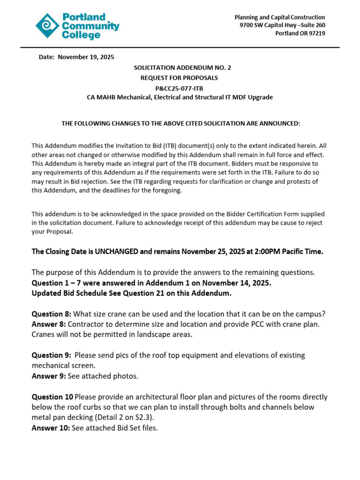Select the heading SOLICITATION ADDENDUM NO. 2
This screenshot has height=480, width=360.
(x=182, y=67)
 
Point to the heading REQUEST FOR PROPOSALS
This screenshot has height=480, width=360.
(x=180, y=78)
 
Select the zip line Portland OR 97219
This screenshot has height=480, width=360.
(x=300, y=33)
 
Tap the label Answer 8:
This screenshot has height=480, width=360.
(x=49, y=324)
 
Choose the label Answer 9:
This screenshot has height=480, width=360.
(x=49, y=376)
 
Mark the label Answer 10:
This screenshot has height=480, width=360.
(x=51, y=427)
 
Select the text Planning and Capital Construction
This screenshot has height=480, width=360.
(x=280, y=17)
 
